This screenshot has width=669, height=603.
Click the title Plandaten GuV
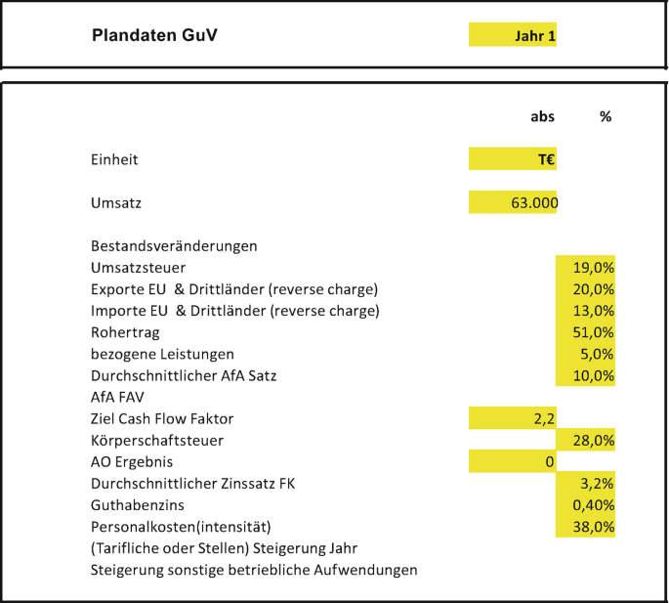(x=154, y=35)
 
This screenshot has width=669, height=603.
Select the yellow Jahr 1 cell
(x=514, y=36)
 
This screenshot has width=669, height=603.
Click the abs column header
(x=542, y=116)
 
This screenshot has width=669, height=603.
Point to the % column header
(x=606, y=116)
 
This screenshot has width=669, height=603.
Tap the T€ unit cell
(x=514, y=159)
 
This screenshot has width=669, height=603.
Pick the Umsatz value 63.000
(x=514, y=203)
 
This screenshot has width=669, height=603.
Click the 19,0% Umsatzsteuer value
(x=586, y=268)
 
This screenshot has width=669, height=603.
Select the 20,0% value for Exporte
(x=586, y=289)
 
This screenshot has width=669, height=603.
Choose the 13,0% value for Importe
(x=586, y=311)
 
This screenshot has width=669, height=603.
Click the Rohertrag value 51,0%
(x=586, y=332)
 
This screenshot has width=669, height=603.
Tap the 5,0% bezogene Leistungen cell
(x=586, y=354)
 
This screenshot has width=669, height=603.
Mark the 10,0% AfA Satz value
(x=586, y=375)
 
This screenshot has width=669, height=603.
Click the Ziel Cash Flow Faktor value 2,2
(x=514, y=418)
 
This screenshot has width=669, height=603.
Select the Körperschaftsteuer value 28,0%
(x=586, y=441)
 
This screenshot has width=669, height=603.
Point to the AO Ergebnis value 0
(x=514, y=462)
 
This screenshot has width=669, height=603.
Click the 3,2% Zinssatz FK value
(x=586, y=484)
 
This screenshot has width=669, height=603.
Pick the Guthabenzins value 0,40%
(x=586, y=505)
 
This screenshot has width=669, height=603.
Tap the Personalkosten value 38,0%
(x=586, y=527)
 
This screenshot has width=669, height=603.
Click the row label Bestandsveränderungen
(x=174, y=246)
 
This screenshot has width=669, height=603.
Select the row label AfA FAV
(x=116, y=397)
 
